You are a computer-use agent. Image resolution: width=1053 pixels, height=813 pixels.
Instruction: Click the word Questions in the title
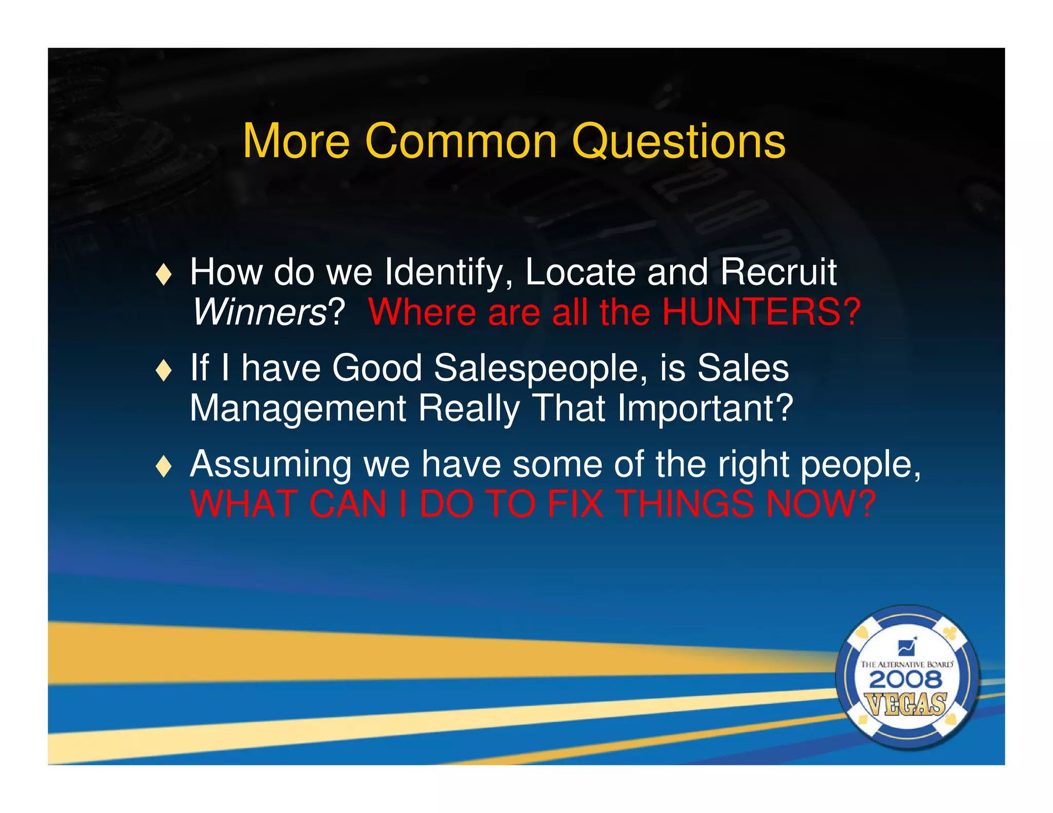[678, 142]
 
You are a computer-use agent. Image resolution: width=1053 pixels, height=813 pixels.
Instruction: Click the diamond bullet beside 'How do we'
[164, 274]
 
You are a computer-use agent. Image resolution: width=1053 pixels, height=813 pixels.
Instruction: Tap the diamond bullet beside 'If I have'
[164, 370]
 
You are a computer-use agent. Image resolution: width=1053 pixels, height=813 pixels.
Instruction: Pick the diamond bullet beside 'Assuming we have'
[164, 466]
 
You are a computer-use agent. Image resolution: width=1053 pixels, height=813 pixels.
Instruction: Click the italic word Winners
[259, 312]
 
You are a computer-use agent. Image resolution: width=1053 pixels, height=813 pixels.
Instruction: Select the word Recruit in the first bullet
[778, 272]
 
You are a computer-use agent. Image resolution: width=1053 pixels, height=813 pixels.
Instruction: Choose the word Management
[298, 409]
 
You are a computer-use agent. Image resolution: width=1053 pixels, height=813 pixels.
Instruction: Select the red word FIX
[575, 504]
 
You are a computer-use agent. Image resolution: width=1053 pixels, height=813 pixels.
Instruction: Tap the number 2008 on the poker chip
[905, 680]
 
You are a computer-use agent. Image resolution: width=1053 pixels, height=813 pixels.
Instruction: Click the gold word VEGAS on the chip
[905, 704]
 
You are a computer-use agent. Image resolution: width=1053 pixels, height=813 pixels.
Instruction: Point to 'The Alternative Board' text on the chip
[906, 664]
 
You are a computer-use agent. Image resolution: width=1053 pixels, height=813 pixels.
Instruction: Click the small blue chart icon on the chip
[906, 646]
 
